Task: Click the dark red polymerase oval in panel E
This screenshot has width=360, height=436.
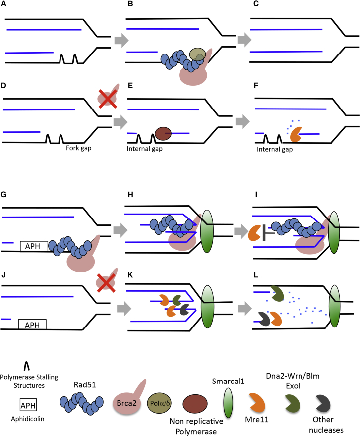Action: [163, 133]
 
